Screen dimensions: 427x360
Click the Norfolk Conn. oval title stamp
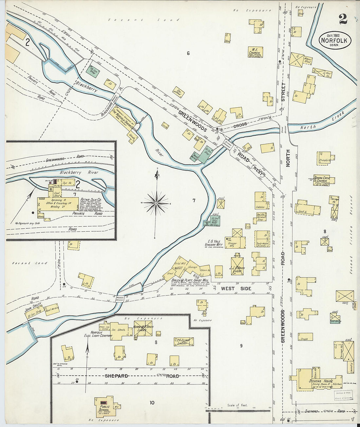click(x=335, y=41)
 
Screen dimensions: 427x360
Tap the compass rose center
click(x=156, y=203)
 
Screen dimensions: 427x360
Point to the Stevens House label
click(x=320, y=381)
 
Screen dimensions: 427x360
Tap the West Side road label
click(x=236, y=288)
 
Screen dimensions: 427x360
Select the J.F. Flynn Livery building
click(x=184, y=342)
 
